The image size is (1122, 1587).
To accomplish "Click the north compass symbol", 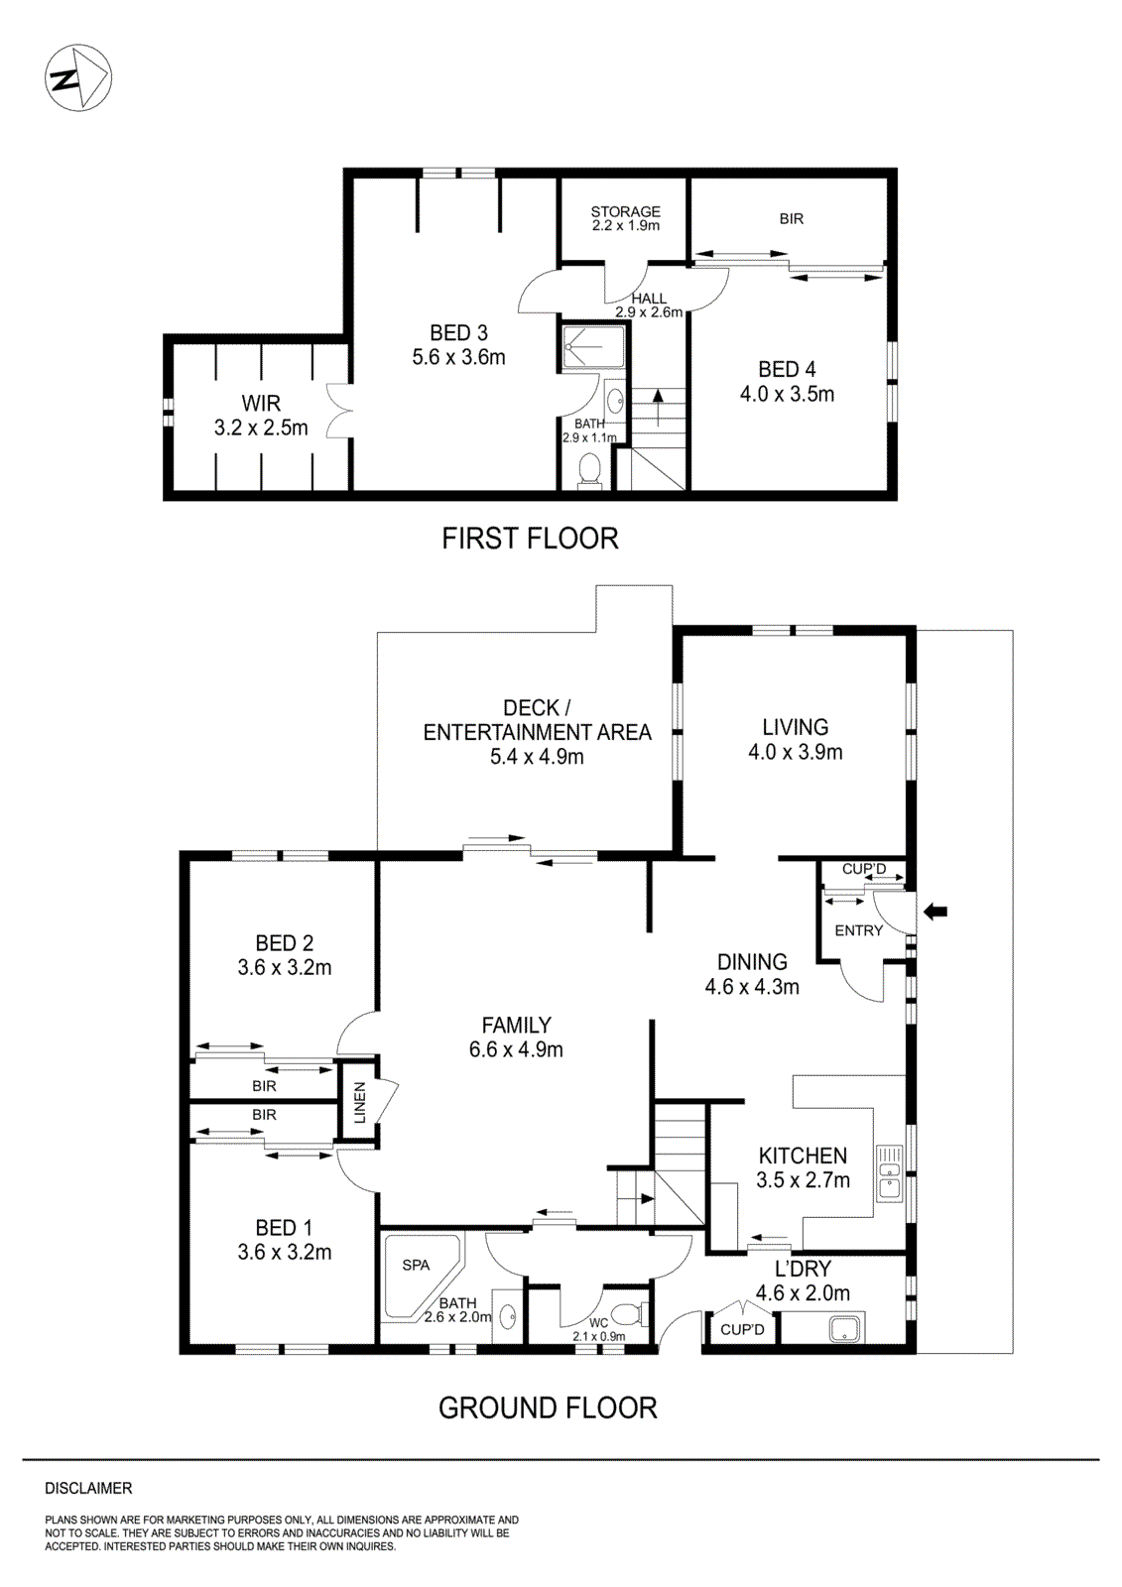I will pyautogui.click(x=78, y=77).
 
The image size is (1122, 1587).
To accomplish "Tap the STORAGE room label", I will pyautogui.click(x=625, y=211).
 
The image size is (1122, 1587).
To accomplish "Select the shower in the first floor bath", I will pyautogui.click(x=592, y=346).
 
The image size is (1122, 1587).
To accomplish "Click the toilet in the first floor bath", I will pyautogui.click(x=590, y=470).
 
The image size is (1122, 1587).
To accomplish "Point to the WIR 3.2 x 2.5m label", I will pyautogui.click(x=261, y=416).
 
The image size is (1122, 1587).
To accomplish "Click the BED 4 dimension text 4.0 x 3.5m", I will pyautogui.click(x=787, y=394).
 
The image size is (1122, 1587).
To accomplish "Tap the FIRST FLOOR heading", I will pyautogui.click(x=530, y=539).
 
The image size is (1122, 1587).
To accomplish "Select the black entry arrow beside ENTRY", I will pyautogui.click(x=935, y=912).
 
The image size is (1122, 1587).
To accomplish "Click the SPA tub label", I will pyautogui.click(x=416, y=1265).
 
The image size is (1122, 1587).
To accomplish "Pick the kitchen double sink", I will pyautogui.click(x=889, y=1173).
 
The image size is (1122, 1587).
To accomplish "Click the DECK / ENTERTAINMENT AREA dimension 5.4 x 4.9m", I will pyautogui.click(x=537, y=757).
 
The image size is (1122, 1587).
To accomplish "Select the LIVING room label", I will pyautogui.click(x=795, y=727).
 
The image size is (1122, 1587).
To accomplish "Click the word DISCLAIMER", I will pyautogui.click(x=88, y=1488).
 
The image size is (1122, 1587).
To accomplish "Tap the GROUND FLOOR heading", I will pyautogui.click(x=548, y=1407).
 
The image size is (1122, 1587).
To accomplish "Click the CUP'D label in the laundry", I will pyautogui.click(x=742, y=1329).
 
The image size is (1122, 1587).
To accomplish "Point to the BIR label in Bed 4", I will pyautogui.click(x=791, y=218).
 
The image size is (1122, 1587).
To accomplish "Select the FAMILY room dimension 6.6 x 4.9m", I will pyautogui.click(x=516, y=1049).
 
